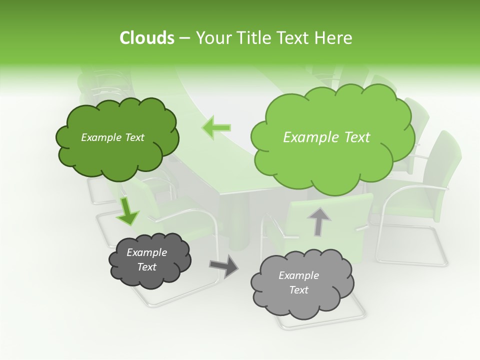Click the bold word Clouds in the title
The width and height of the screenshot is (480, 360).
click(x=147, y=38)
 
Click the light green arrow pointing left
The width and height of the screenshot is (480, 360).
click(x=216, y=127)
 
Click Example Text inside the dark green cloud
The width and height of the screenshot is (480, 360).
click(x=112, y=137)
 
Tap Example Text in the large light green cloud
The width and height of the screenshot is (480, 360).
click(x=326, y=137)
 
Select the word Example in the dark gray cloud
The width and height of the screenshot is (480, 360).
click(x=146, y=252)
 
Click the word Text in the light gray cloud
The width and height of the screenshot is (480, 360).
click(x=299, y=290)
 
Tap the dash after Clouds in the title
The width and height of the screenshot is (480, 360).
click(x=184, y=38)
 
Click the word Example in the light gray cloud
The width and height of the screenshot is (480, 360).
click(x=298, y=275)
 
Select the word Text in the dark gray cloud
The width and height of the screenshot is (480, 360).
click(x=146, y=267)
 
